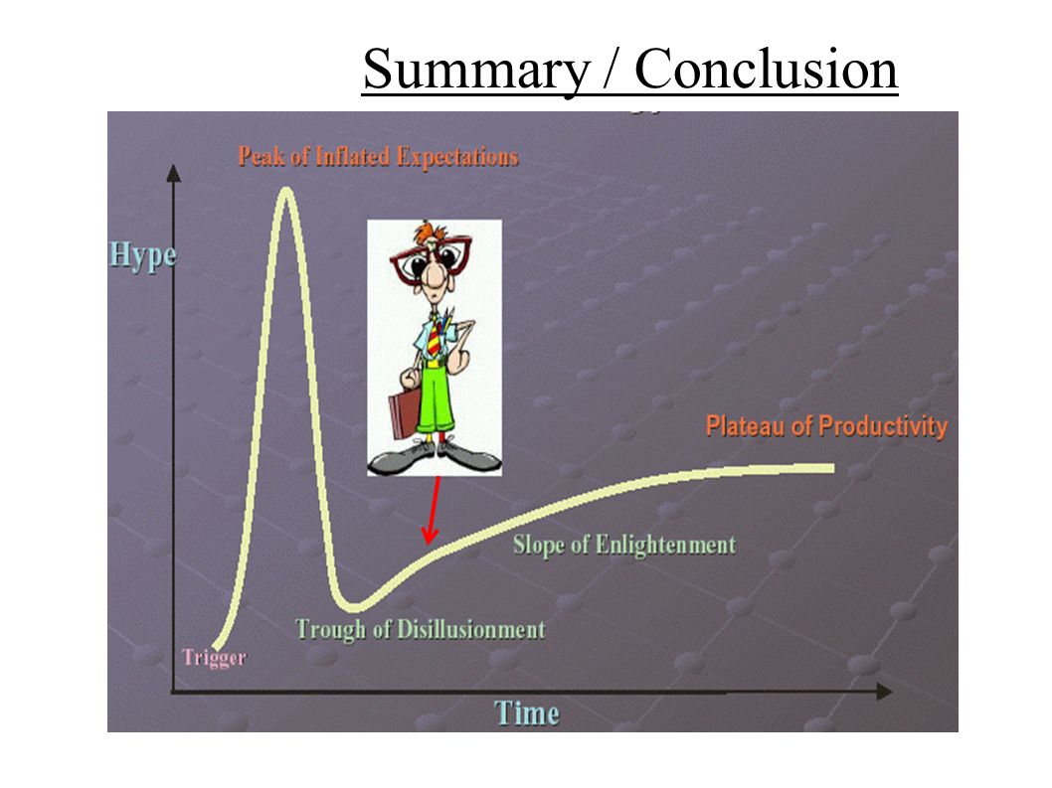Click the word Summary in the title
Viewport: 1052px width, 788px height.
475,71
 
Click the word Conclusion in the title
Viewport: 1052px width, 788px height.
766,69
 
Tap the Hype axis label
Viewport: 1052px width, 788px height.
143,256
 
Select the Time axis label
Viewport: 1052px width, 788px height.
527,712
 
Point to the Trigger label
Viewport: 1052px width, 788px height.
214,657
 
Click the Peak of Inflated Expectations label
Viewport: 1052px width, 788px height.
379,157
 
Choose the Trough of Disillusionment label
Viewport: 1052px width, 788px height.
421,630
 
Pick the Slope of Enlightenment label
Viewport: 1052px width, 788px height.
624,546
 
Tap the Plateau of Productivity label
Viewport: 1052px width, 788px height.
826,426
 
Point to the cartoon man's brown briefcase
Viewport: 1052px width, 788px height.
403,415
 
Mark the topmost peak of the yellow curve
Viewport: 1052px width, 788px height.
286,191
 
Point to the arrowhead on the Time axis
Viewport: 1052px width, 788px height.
884,692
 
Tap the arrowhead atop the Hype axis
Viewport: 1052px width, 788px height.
174,173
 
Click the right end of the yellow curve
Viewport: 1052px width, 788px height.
832,468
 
